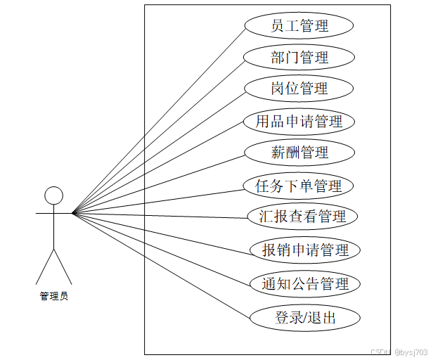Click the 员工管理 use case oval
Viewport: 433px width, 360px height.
pyautogui.click(x=299, y=27)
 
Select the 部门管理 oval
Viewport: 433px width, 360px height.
pyautogui.click(x=299, y=58)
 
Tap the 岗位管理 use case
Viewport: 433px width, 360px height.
pyautogui.click(x=299, y=89)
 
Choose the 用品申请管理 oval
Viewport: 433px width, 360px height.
pyautogui.click(x=299, y=121)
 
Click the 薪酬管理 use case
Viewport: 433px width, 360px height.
pyautogui.click(x=299, y=152)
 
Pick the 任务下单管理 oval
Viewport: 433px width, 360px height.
pyautogui.click(x=299, y=186)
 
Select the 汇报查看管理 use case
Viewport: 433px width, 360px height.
pyautogui.click(x=303, y=216)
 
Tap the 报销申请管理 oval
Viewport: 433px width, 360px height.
pyautogui.click(x=306, y=250)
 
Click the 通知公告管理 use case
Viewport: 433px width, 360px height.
pyautogui.click(x=306, y=284)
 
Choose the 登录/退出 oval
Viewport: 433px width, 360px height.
pyautogui.click(x=306, y=318)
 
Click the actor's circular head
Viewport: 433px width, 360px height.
pyautogui.click(x=54, y=195)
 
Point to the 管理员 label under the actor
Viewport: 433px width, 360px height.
pyautogui.click(x=54, y=296)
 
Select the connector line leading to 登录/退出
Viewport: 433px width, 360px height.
pyautogui.click(x=162, y=265)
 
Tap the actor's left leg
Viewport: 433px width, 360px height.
pyautogui.click(x=45, y=266)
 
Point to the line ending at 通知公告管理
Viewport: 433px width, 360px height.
pyautogui.click(x=162, y=247)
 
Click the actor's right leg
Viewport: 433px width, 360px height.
pyautogui.click(x=63, y=266)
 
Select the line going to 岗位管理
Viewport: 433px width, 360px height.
pyautogui.click(x=158, y=150)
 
